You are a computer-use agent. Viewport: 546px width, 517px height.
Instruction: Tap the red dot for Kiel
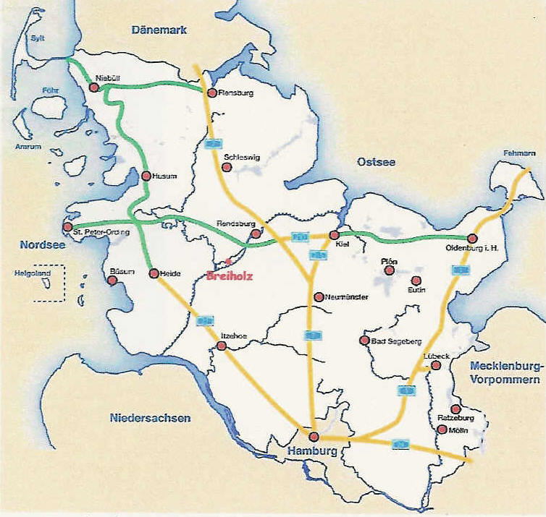point(334,235)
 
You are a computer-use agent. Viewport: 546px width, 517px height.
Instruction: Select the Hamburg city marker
point(314,437)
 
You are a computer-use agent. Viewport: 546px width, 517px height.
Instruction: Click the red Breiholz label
point(230,275)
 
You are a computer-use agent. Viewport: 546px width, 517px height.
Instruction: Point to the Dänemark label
point(159,30)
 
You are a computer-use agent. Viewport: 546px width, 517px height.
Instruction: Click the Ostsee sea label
point(376,162)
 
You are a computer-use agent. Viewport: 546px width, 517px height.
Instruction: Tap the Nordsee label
point(43,245)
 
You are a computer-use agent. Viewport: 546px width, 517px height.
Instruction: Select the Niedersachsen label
point(151,418)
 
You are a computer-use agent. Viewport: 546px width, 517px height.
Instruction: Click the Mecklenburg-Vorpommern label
point(505,373)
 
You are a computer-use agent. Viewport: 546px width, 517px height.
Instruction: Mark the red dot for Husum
point(146,176)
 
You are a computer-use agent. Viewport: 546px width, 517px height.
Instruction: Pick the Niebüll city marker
point(93,87)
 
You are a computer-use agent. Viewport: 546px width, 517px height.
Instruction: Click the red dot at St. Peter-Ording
point(67,226)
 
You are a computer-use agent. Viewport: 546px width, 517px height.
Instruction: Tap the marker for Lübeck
point(436,366)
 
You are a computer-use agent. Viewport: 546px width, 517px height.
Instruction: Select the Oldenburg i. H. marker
point(471,238)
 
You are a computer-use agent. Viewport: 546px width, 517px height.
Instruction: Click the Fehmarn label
point(519,153)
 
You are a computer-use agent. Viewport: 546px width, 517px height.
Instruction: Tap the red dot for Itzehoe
point(222,346)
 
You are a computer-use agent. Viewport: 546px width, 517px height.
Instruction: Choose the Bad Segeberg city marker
point(364,341)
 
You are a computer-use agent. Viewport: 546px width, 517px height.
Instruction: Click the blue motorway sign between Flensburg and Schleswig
point(212,144)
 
